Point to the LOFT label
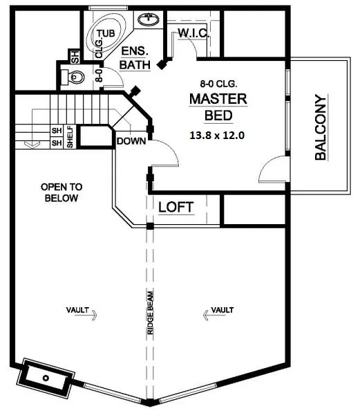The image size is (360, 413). click(176, 207)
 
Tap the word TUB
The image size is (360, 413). click(106, 33)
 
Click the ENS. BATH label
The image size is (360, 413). click(135, 58)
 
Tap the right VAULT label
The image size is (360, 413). click(221, 311)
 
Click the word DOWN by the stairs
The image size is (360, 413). click(130, 141)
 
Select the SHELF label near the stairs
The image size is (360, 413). click(70, 136)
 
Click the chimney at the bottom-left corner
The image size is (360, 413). click(46, 378)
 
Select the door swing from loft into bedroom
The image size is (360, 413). click(166, 154)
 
